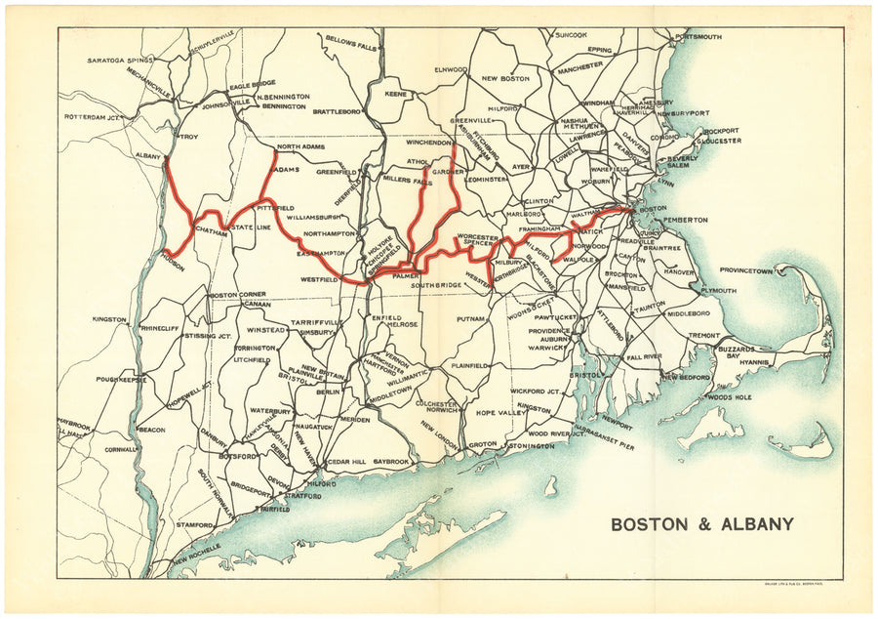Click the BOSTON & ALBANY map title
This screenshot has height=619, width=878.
point(701,524)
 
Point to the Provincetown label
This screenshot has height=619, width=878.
point(752,270)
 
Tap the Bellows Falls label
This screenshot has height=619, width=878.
point(350,40)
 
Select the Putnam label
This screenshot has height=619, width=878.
point(471,319)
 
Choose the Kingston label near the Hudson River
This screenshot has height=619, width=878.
point(109,319)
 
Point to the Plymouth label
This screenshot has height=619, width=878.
point(719,290)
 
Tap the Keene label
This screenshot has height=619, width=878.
point(396,95)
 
